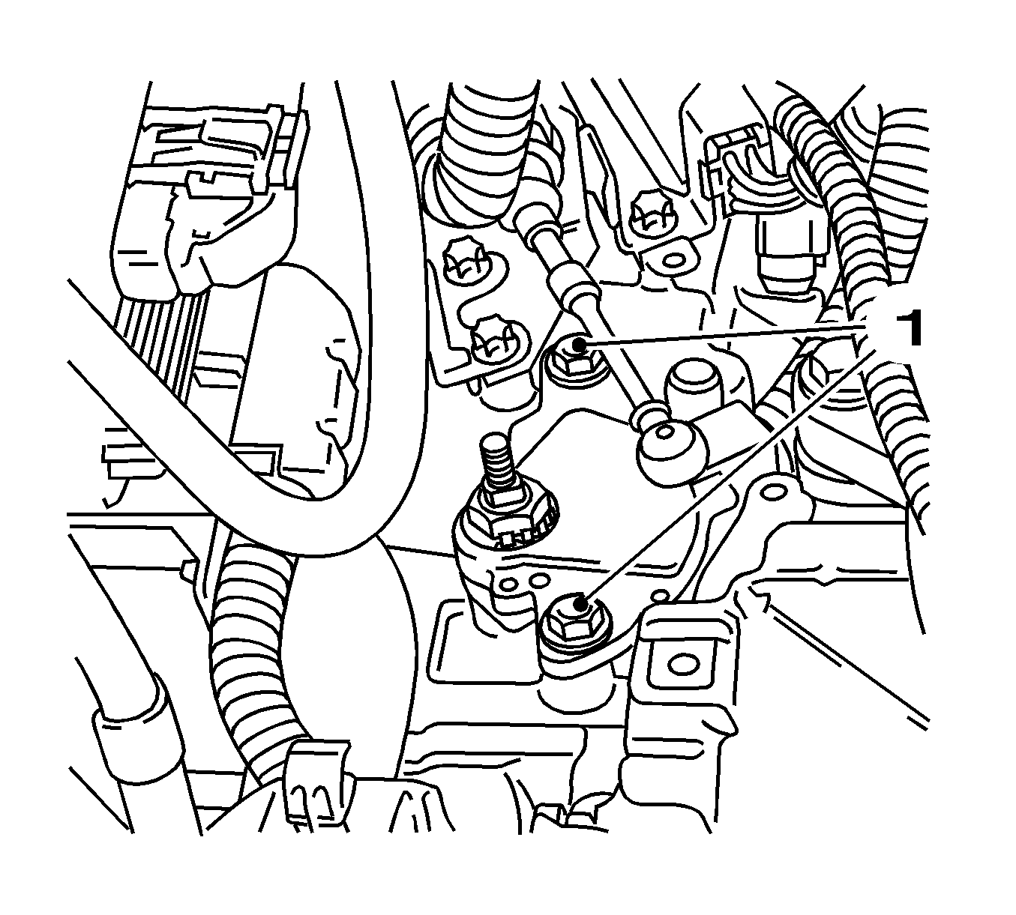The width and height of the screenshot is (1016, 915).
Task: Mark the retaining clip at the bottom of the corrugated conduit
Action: click(x=319, y=783)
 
